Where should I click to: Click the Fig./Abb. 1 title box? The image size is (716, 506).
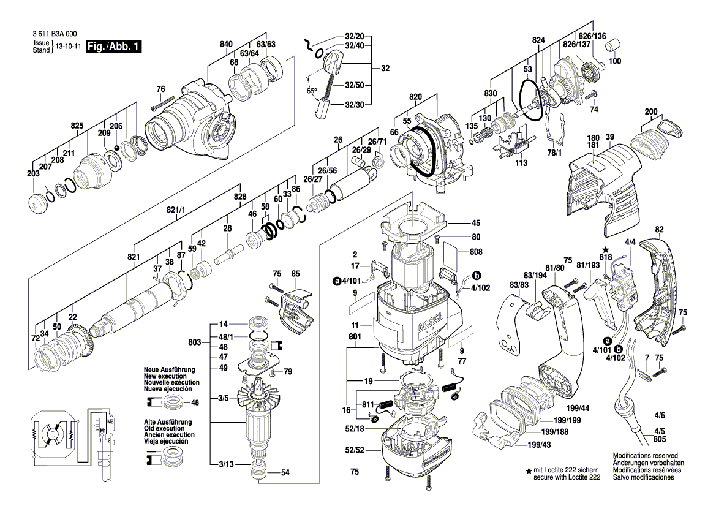[x=114, y=47]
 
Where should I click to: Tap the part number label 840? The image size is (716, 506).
[x=227, y=43]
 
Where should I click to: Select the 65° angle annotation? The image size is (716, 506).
[x=312, y=91]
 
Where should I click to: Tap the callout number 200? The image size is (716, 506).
[x=651, y=111]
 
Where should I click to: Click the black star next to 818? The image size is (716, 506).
[x=605, y=249]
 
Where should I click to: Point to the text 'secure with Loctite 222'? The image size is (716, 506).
[x=566, y=476]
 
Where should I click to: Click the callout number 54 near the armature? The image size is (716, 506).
[x=285, y=473]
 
